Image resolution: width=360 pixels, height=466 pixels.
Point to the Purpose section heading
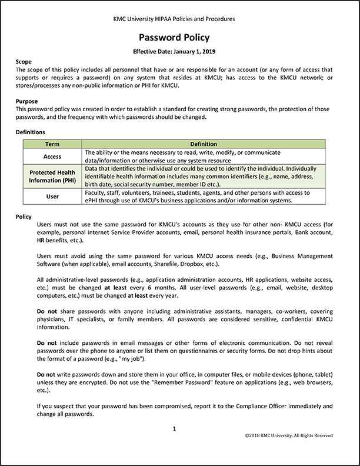coord(27,101)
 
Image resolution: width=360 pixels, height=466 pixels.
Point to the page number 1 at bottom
coord(175,429)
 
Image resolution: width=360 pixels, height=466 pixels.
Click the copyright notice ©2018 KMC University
coord(289,435)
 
